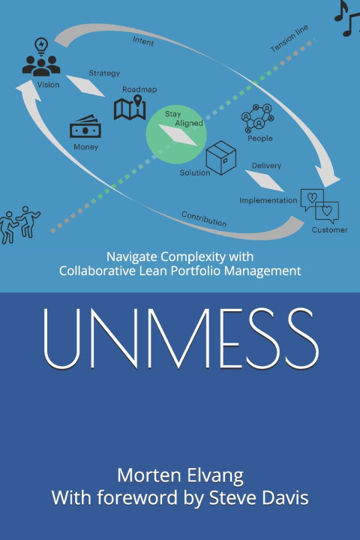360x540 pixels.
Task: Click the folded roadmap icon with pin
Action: click(130, 107)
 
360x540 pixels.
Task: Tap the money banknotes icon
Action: click(85, 127)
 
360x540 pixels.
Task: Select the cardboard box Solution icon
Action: click(220, 157)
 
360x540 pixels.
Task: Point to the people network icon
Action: click(258, 118)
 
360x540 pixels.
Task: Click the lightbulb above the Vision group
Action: click(41, 46)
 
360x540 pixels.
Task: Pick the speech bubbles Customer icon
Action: click(319, 206)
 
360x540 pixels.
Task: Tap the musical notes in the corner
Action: click(347, 18)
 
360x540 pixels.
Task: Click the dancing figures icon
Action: click(19, 225)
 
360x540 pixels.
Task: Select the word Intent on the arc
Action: click(143, 41)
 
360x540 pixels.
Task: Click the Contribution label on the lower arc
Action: click(204, 219)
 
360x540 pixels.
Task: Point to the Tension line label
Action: click(289, 38)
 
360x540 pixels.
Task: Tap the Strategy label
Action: click(104, 73)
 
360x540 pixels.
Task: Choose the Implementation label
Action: click(268, 200)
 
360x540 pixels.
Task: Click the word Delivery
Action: click(266, 166)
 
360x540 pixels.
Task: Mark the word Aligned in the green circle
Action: click(189, 123)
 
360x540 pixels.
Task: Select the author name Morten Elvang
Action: click(180, 476)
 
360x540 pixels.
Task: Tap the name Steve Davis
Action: click(259, 498)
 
